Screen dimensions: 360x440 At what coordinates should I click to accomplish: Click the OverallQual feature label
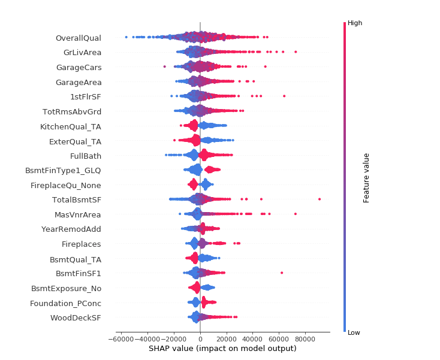(x=78, y=38)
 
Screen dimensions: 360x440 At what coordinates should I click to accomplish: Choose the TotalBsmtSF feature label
(x=76, y=199)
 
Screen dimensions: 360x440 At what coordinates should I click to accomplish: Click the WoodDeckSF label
(x=76, y=317)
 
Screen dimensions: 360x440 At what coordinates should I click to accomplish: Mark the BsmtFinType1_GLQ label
(x=63, y=171)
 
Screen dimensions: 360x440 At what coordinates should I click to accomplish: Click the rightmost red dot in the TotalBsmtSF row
(x=320, y=199)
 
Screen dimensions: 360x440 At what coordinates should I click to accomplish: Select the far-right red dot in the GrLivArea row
(x=296, y=52)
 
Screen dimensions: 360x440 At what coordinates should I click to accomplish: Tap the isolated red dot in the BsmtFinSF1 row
(x=282, y=273)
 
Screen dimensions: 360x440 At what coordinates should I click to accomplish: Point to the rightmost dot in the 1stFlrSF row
(x=284, y=96)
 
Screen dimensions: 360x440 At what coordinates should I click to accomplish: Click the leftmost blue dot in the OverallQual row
(x=126, y=37)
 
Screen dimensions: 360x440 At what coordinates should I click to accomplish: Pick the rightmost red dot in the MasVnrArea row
(x=296, y=213)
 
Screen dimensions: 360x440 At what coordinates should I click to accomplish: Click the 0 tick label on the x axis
(x=200, y=338)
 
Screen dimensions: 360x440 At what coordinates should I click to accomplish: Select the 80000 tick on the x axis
(x=305, y=338)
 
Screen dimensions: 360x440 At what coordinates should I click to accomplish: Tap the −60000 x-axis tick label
(x=120, y=338)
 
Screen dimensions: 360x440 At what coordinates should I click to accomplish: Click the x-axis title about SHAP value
(x=222, y=349)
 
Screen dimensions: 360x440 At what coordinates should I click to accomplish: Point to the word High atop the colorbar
(x=355, y=23)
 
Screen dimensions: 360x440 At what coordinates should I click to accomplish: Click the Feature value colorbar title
(x=366, y=177)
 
